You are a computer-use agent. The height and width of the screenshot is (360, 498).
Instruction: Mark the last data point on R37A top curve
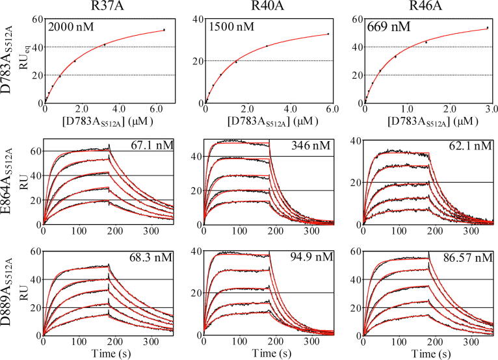click(164, 30)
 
